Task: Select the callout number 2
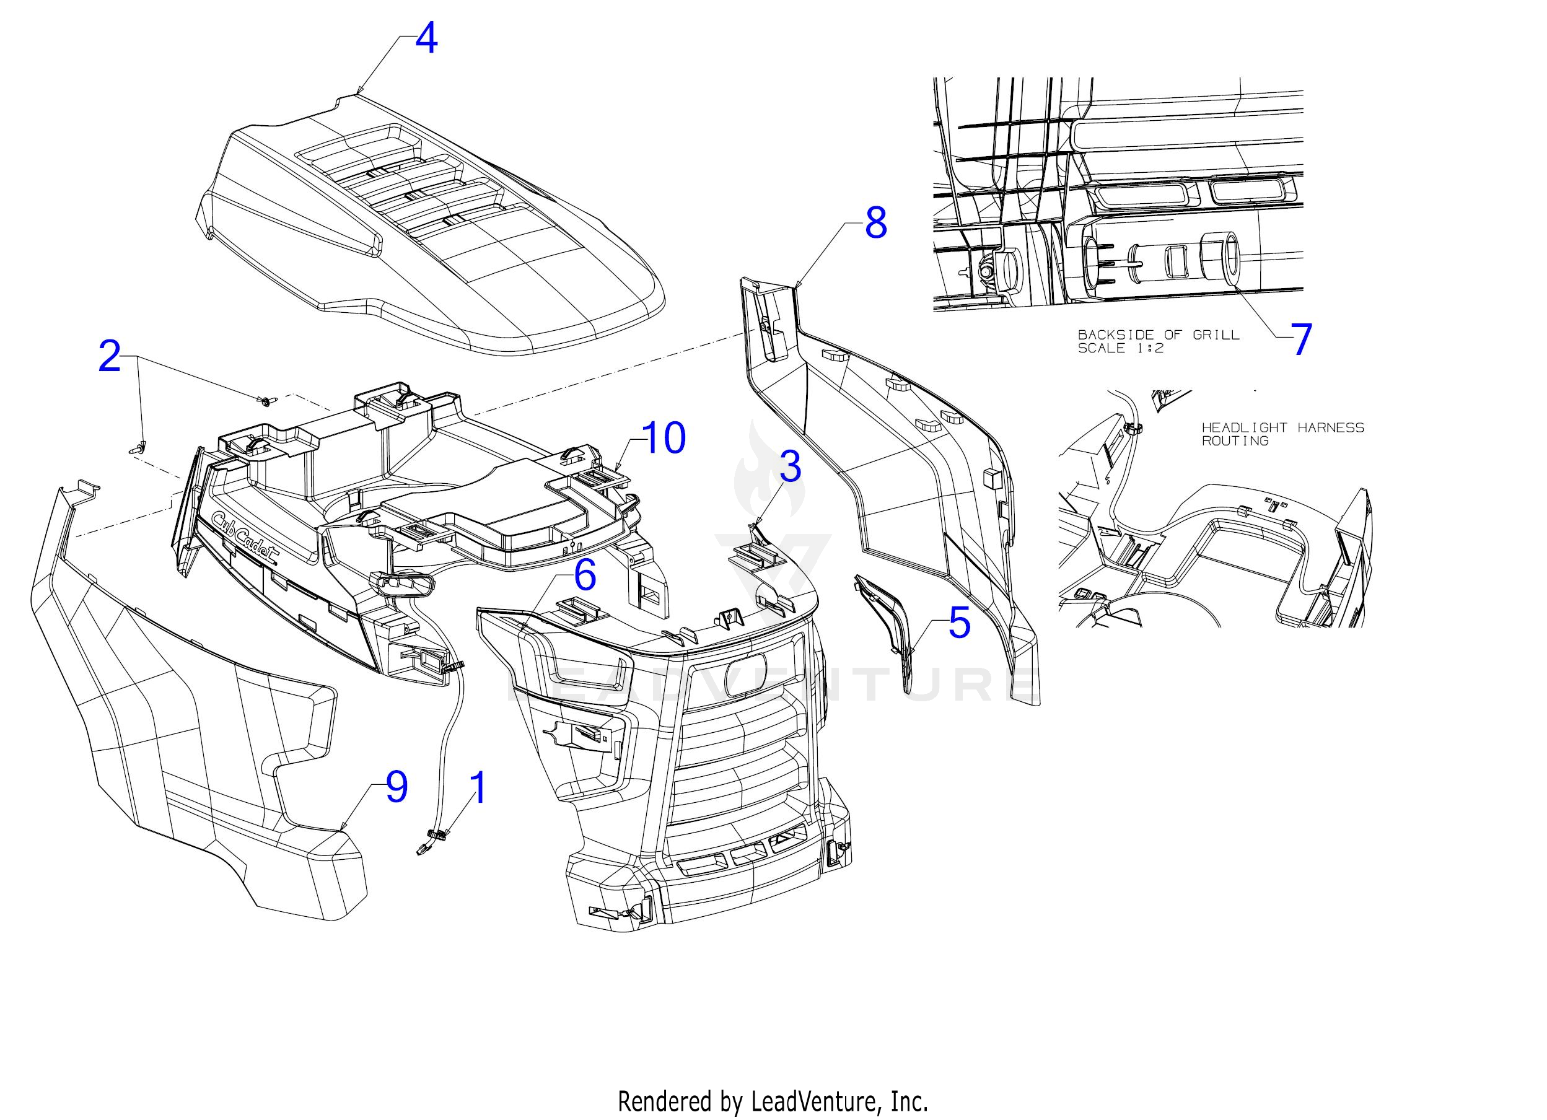(x=110, y=356)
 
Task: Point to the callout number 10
(x=664, y=438)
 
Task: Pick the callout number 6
(x=585, y=575)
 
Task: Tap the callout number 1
(x=480, y=788)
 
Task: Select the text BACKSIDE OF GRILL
(x=1158, y=335)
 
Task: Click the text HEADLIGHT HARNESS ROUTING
(x=1282, y=434)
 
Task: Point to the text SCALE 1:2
(x=1120, y=349)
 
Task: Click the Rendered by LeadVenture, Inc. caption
(x=773, y=1101)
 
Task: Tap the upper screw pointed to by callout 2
(x=265, y=401)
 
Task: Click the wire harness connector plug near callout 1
(x=424, y=847)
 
